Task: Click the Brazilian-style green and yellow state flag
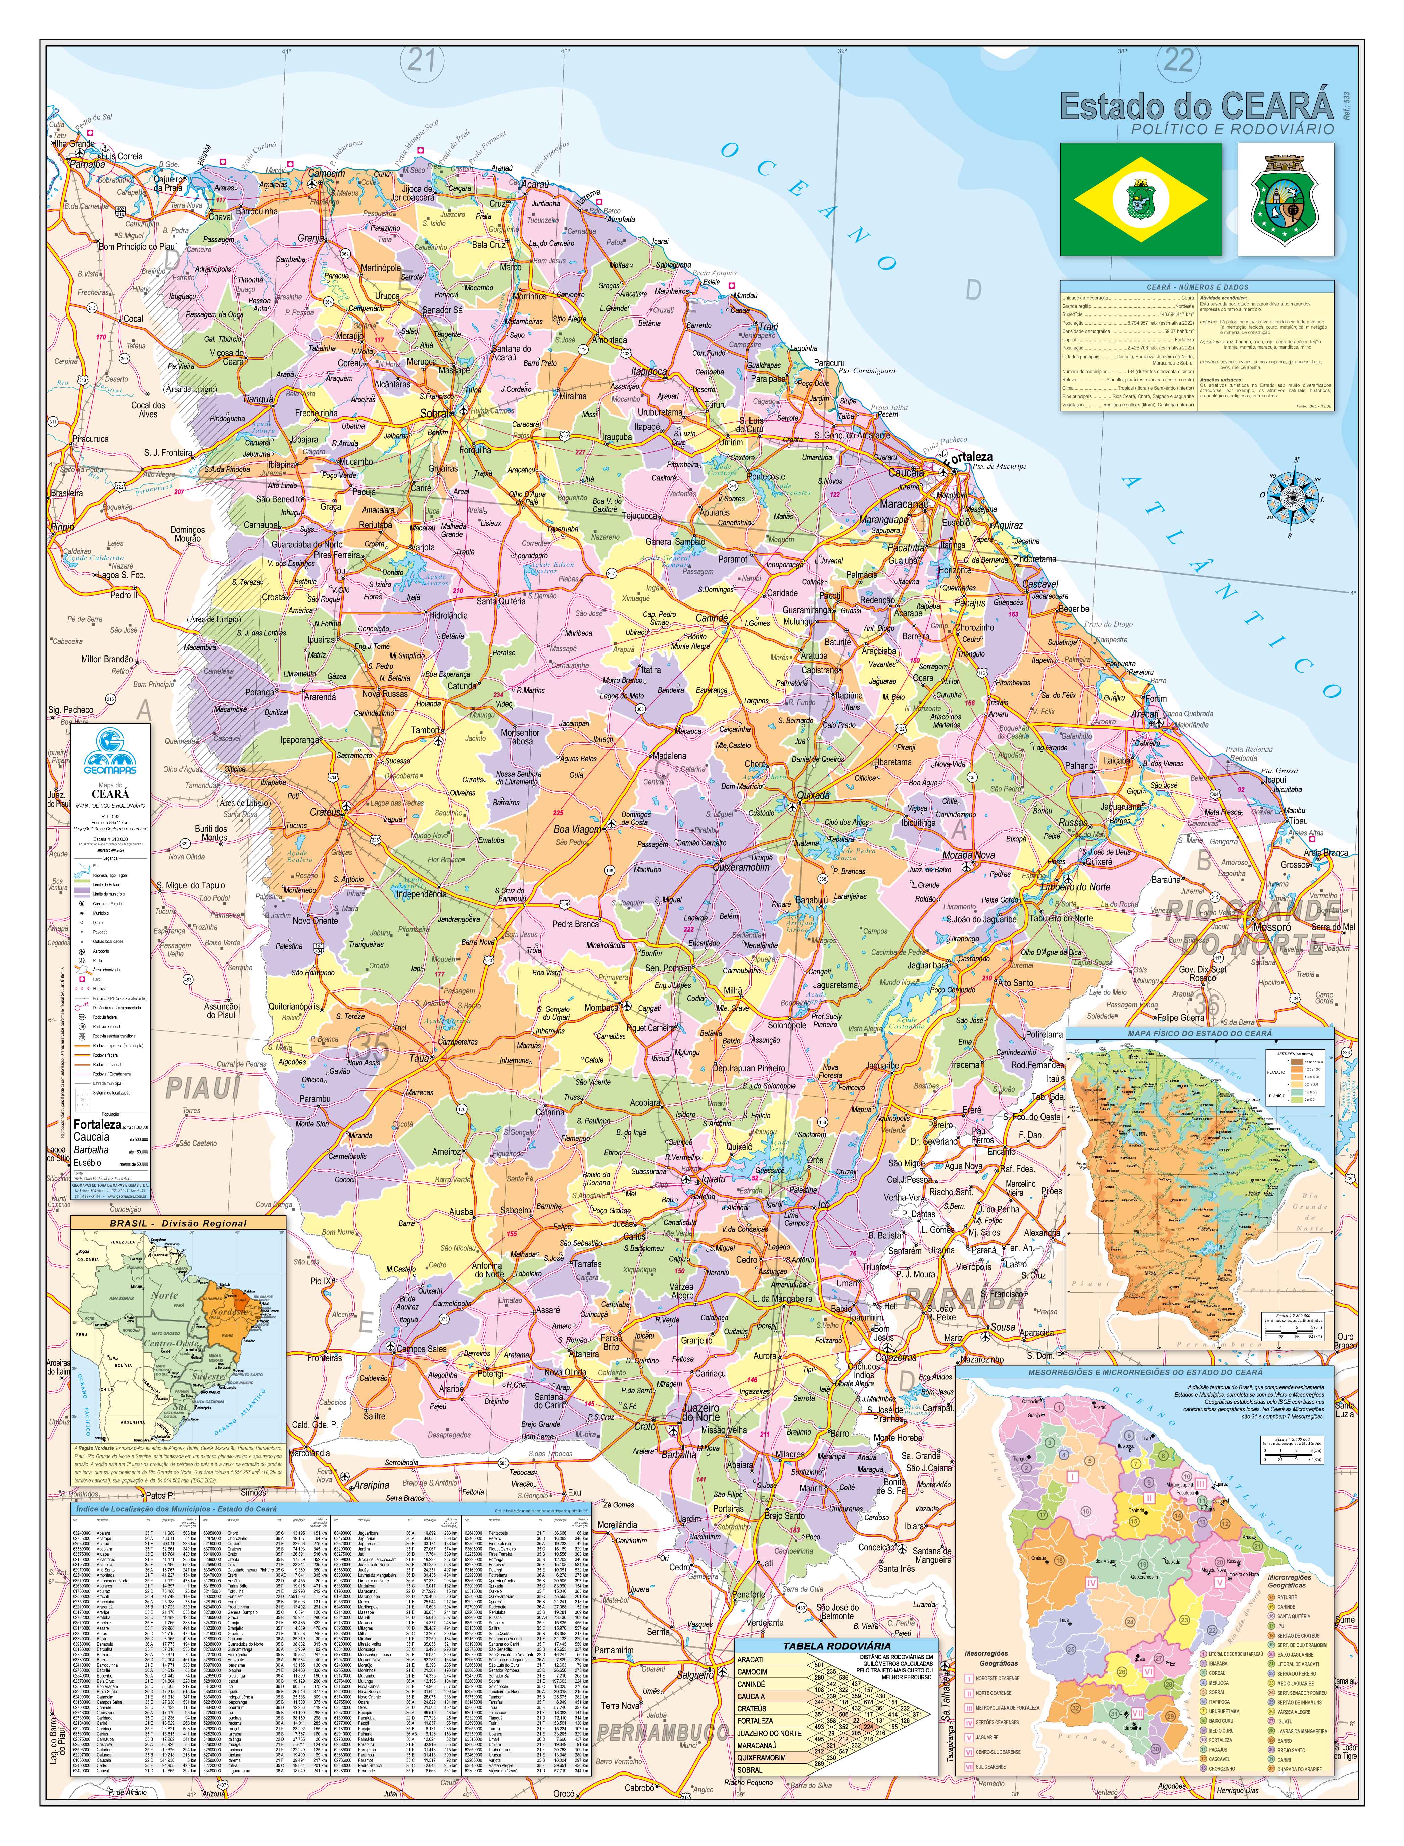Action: [1140, 199]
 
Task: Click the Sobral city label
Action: [435, 413]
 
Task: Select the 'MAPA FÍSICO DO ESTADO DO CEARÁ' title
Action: [1199, 1034]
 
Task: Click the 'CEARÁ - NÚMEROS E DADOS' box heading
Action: [1197, 287]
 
